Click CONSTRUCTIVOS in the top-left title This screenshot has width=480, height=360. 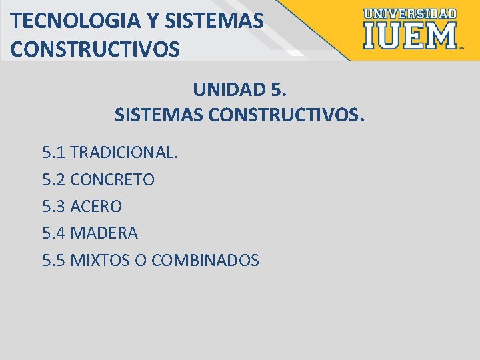click(95, 49)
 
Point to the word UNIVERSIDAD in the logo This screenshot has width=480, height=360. click(410, 13)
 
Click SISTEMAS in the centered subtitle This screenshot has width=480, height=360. click(159, 116)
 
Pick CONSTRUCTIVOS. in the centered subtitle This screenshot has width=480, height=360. click(287, 116)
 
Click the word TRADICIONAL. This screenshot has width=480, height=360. click(124, 153)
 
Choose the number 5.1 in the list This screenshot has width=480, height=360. click(53, 153)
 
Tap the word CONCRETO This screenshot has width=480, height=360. click(112, 180)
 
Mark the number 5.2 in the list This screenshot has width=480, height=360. click(53, 180)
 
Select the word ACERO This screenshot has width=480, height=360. click(96, 207)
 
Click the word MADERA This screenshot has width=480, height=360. click(104, 233)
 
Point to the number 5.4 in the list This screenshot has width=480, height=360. click(53, 233)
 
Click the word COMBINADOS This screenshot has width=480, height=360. click(205, 260)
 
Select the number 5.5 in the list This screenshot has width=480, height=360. click(53, 260)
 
